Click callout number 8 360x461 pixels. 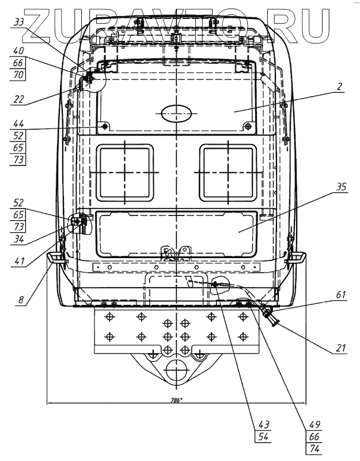pos(20,300)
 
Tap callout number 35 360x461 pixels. pos(339,187)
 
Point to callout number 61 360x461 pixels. pos(339,296)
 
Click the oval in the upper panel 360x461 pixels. pos(176,114)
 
